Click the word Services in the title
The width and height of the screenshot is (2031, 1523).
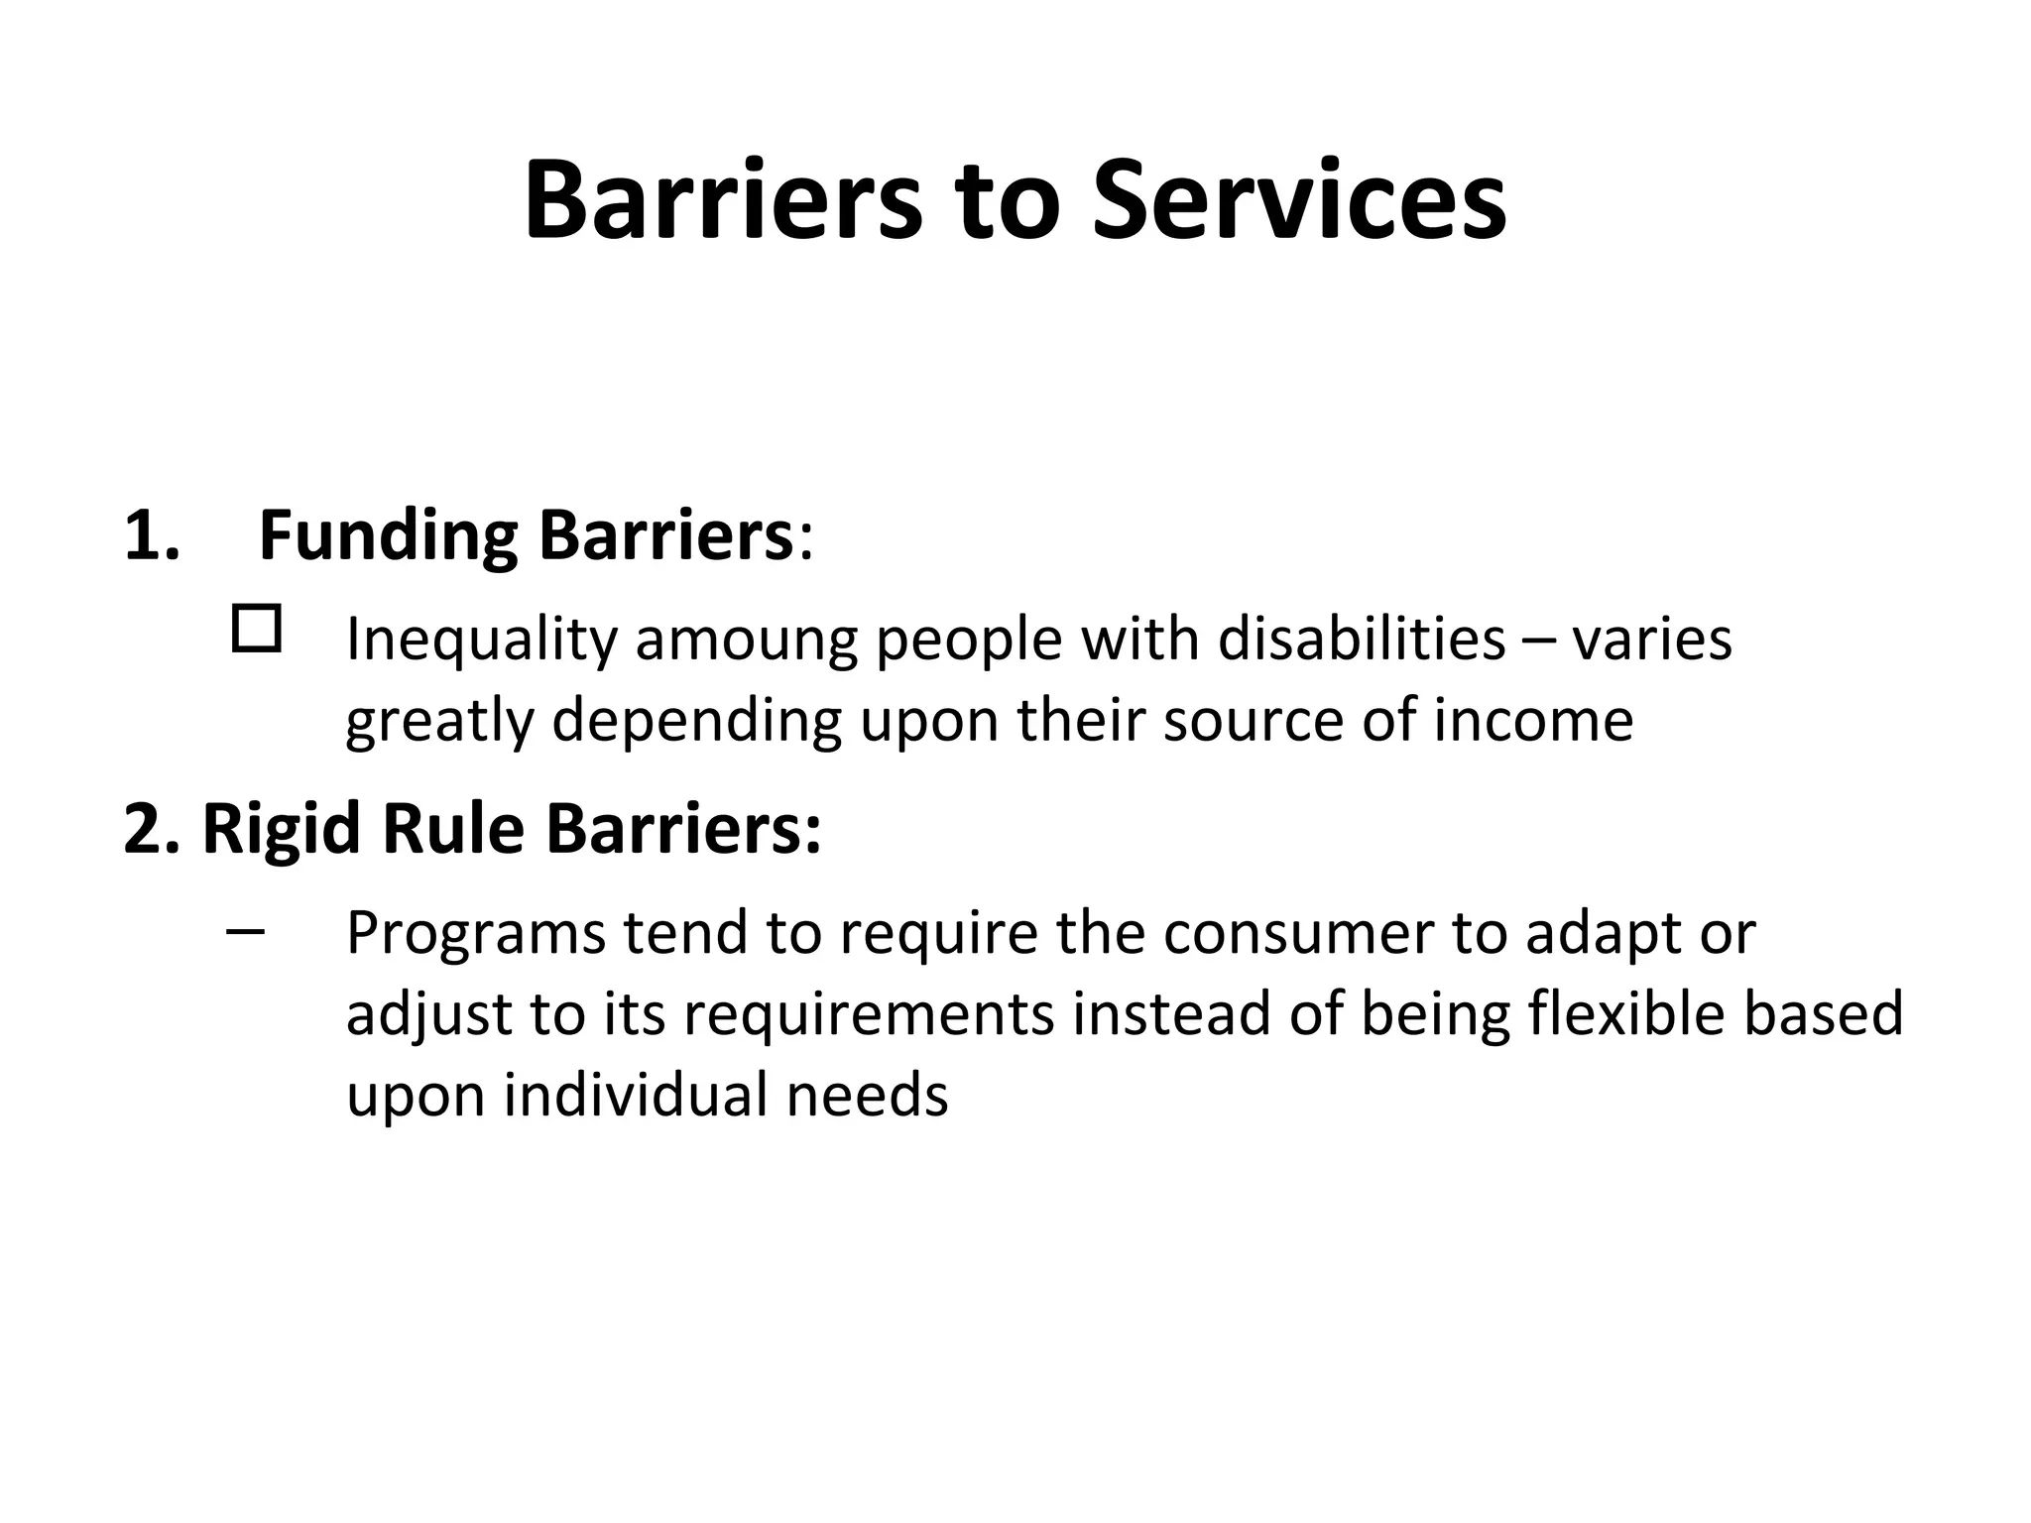[x=1299, y=202]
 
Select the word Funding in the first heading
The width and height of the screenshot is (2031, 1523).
[x=388, y=536]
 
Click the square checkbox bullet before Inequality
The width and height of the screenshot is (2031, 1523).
[x=256, y=629]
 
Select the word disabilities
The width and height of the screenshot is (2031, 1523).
[x=1362, y=640]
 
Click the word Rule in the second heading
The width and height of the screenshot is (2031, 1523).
[x=452, y=829]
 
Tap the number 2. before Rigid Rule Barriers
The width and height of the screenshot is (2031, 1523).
[x=152, y=829]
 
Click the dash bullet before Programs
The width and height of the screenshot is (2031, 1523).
[x=245, y=932]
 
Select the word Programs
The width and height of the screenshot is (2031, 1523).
[x=475, y=935]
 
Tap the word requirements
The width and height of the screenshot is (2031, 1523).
[x=869, y=1016]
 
